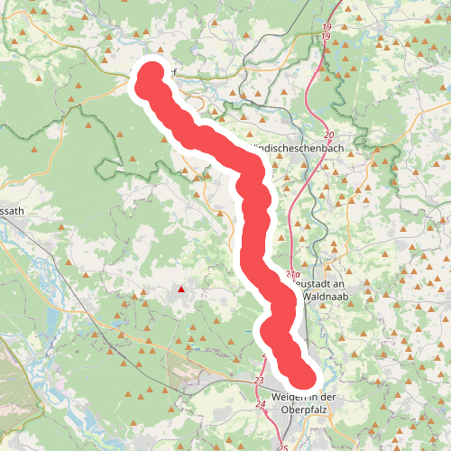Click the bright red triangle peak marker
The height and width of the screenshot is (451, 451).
(181, 290)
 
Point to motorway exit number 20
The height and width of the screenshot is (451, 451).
(327, 133)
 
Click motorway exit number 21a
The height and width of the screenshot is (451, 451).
(291, 273)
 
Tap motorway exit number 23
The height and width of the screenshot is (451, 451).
(259, 382)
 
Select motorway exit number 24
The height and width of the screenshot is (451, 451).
(261, 405)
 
